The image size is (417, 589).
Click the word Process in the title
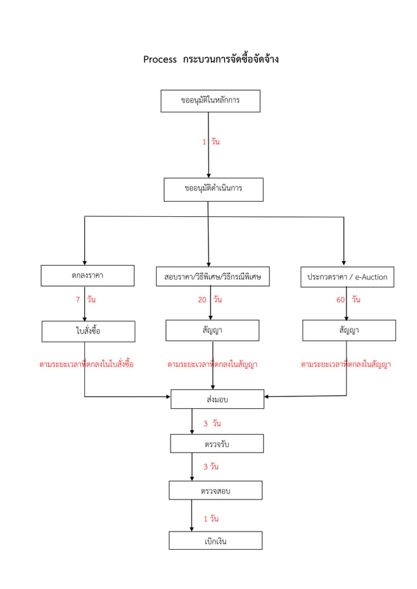pos(160,59)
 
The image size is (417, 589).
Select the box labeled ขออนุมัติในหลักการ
pos(210,101)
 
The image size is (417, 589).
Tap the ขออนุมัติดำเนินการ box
pos(213,189)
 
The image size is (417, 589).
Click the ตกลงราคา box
pos(88,276)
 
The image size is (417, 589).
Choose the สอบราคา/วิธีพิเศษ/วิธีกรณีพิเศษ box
pos(212,276)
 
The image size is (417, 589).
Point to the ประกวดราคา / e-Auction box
pos(347,276)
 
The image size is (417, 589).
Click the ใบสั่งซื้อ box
pos(88,331)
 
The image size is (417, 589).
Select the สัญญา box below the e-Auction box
pos(348,330)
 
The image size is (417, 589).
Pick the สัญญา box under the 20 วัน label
pos(212,330)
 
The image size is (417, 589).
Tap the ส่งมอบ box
pos(217,399)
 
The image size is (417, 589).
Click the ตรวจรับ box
pos(217,444)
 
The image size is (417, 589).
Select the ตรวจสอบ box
pos(216,490)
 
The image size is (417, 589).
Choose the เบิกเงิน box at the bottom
pos(216,541)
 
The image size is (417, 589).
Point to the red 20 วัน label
pos(210,300)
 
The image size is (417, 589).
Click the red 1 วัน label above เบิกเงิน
pos(210,518)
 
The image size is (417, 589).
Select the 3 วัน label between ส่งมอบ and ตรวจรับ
pos(212,423)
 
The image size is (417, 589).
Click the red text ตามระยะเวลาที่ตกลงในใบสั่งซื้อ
pos(86,364)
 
